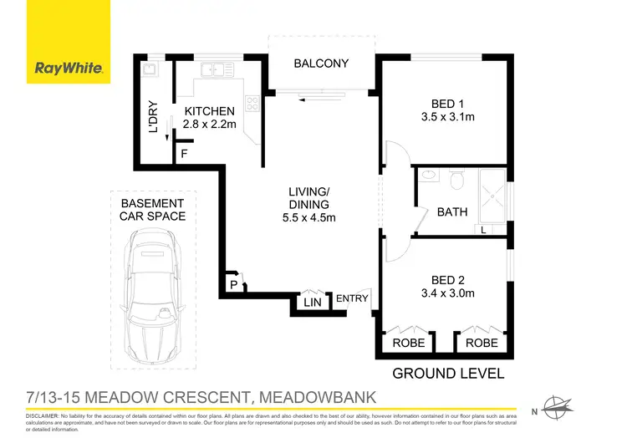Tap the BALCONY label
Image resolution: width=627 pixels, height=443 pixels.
321,64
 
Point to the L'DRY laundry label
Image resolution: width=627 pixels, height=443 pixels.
153,118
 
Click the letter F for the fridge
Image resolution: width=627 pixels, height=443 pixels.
184,154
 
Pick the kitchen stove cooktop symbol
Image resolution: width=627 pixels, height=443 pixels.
251,104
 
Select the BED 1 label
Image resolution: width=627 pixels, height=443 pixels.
447,104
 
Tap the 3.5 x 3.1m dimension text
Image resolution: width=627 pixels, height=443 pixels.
447,117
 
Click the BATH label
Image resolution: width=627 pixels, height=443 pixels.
452,211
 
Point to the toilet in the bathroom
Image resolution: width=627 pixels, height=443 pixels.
456,179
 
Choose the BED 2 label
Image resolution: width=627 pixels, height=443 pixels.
447,280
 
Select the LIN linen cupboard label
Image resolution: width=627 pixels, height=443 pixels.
313,302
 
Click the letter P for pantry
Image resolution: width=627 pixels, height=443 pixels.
234,285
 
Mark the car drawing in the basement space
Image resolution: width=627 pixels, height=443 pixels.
155,293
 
